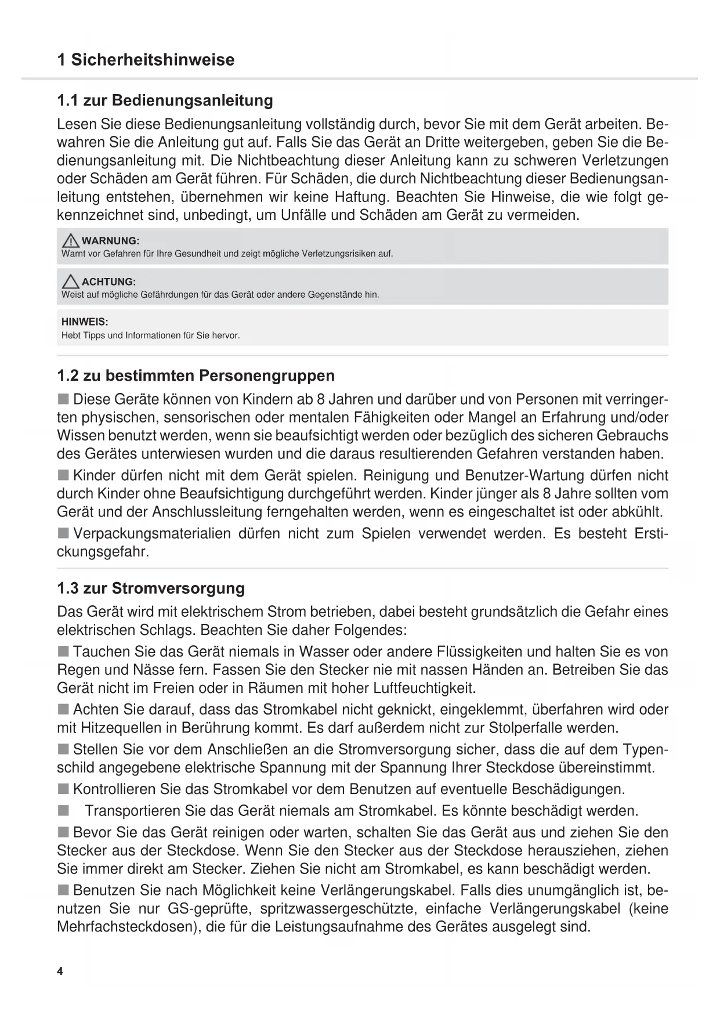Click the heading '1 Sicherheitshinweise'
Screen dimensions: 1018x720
click(x=146, y=60)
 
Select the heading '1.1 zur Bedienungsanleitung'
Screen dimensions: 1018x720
click(x=165, y=100)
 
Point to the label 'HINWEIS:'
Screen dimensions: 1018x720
click(x=85, y=322)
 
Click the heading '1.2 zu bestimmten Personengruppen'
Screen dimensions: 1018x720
click(x=196, y=376)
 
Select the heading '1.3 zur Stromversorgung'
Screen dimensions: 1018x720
click(x=151, y=588)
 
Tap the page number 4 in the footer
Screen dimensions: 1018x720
click(x=60, y=972)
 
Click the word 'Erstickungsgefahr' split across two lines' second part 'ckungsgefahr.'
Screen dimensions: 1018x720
click(x=103, y=551)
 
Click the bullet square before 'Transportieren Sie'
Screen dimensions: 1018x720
click(x=63, y=810)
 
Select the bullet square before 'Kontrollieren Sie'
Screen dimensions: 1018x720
click(x=63, y=789)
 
